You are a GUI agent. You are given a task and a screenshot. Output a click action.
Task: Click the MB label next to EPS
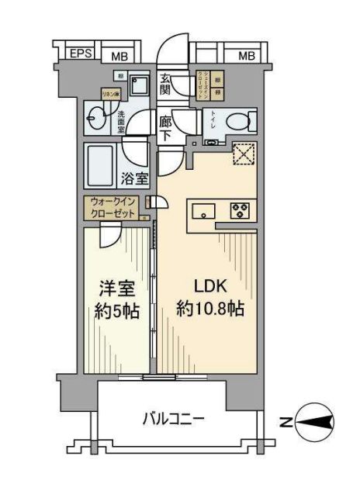tap(118, 55)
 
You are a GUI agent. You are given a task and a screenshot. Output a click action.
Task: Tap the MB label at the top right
tap(246, 55)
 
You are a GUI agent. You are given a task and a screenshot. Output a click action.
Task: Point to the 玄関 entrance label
tap(166, 84)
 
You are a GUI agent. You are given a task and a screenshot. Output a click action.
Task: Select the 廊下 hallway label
tap(165, 127)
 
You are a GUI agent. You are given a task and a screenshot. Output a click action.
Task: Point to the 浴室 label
tap(134, 178)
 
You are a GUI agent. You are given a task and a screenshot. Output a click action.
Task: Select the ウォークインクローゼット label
tap(112, 208)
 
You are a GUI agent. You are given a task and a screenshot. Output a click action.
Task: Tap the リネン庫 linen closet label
tap(109, 94)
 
